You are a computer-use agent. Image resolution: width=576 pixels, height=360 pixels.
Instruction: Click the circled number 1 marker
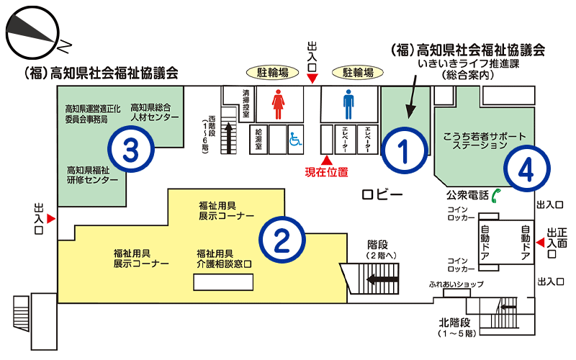tap(405, 150)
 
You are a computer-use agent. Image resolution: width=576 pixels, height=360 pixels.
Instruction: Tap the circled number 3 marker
tap(131, 150)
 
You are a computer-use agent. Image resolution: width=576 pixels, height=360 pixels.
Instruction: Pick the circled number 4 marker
tap(527, 168)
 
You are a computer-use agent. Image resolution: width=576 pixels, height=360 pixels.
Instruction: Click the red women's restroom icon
tap(278, 104)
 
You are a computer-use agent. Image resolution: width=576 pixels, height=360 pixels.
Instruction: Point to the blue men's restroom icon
tap(348, 104)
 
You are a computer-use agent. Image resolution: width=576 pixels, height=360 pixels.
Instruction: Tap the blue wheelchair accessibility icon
tap(295, 139)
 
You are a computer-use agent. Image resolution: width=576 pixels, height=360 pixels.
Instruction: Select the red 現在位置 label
tap(327, 172)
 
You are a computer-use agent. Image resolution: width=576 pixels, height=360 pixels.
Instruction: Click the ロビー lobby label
tap(382, 194)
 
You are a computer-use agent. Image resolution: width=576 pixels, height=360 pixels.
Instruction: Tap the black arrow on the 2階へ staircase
tap(382, 279)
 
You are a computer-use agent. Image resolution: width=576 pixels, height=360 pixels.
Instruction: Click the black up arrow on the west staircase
tap(228, 138)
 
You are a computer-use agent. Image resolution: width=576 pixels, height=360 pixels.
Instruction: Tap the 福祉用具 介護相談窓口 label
tap(224, 258)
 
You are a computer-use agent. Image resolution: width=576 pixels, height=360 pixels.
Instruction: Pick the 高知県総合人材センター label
tap(155, 112)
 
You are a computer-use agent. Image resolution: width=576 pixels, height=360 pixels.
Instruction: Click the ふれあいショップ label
tap(456, 284)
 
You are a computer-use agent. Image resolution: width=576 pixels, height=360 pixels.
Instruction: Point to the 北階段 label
tap(455, 323)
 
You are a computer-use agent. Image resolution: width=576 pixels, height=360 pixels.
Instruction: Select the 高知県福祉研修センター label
tap(93, 175)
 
